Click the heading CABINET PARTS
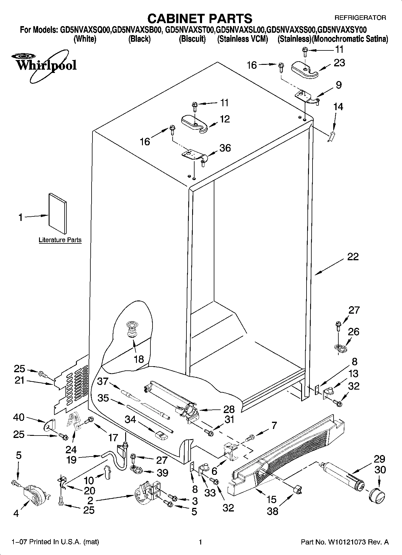[x=200, y=18]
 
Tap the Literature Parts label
[x=60, y=240]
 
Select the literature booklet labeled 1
[x=58, y=213]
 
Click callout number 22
[x=353, y=257]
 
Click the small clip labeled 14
[x=331, y=136]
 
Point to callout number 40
[x=19, y=417]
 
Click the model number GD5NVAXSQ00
[x=86, y=30]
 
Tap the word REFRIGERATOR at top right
[x=360, y=18]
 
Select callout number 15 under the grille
[x=271, y=499]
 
